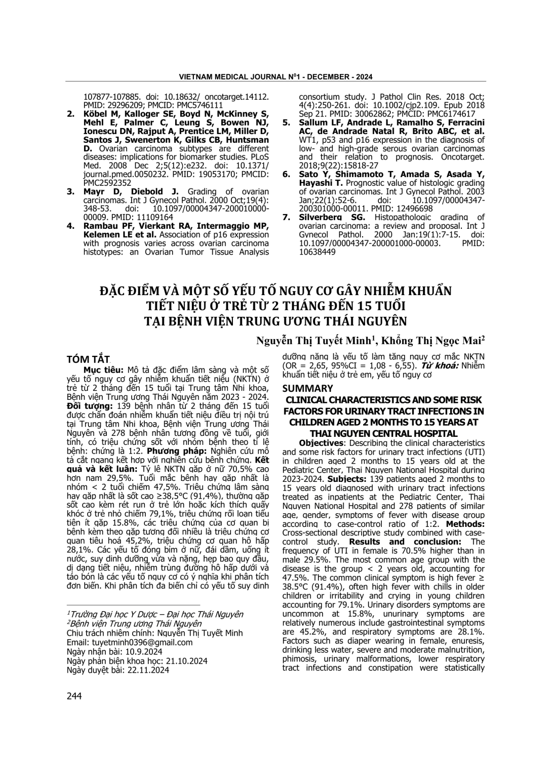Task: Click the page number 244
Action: tap(74, 696)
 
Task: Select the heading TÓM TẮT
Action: tap(89, 359)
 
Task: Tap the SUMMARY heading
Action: tap(307, 388)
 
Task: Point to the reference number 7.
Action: tap(287, 217)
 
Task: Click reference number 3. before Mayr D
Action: tap(71, 191)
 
